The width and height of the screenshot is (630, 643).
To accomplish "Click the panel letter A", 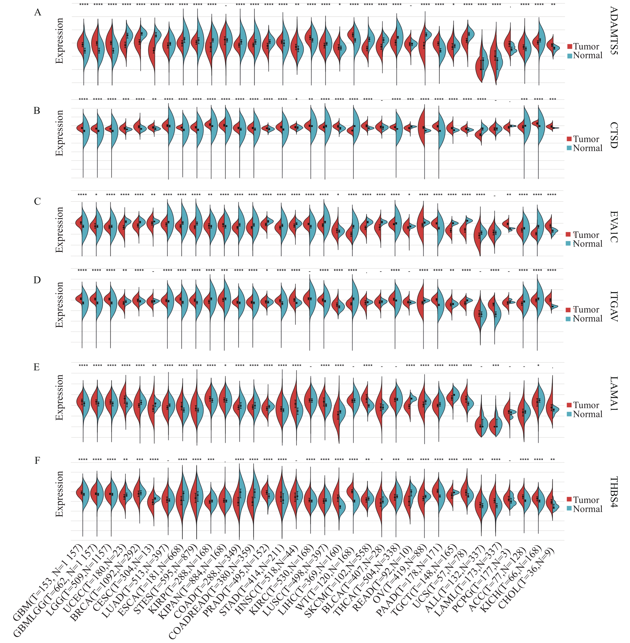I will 38,13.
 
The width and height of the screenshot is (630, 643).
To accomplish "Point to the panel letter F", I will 37,460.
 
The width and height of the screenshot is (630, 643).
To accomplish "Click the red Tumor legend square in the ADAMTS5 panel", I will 569,47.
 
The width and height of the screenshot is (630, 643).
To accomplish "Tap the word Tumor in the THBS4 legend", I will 586,500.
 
